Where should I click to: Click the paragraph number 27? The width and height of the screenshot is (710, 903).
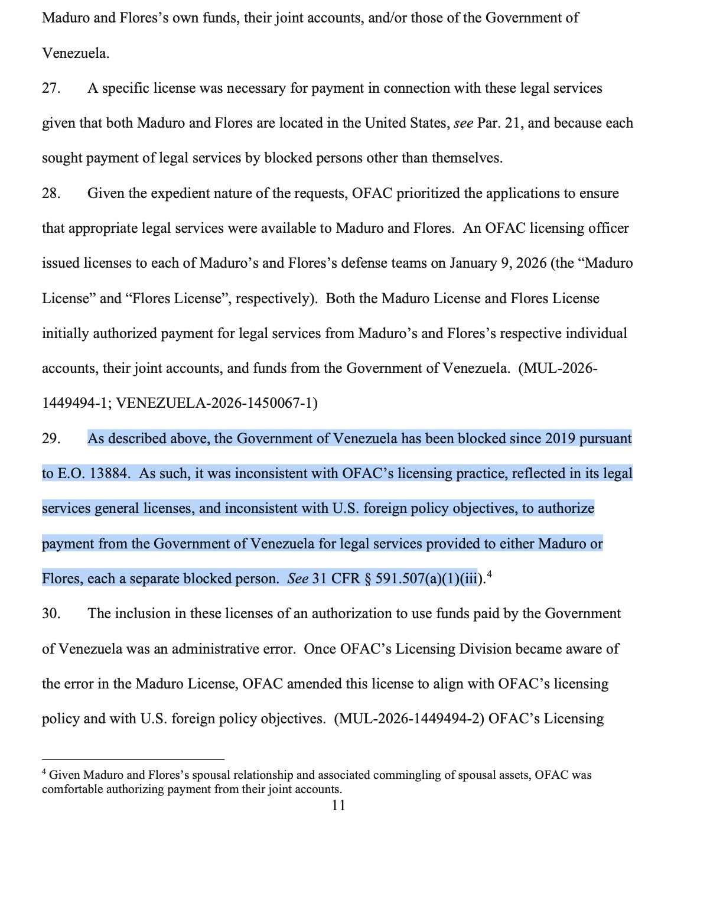pos(51,89)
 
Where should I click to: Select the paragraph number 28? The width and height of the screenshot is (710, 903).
pos(51,194)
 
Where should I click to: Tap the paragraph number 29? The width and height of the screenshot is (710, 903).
pos(51,438)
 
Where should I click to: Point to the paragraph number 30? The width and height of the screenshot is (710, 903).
pos(51,613)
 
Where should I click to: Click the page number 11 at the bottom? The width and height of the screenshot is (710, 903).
pos(338,805)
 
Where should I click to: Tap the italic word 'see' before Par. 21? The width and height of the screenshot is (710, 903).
pos(463,124)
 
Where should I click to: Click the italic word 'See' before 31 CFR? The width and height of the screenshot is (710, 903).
pos(298,579)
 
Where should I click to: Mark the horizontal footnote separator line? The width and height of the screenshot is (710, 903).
pos(133,759)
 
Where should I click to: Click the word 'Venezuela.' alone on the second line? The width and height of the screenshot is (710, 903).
pos(76,54)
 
